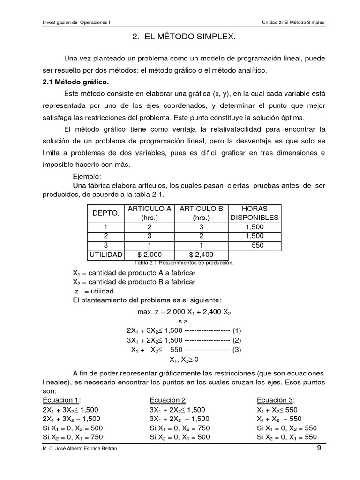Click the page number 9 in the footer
coord(319,448)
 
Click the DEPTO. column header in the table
coord(106,213)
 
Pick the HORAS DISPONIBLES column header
coord(255,213)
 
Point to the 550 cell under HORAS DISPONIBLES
coord(257,245)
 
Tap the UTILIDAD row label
coord(105,255)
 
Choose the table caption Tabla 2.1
coord(183,263)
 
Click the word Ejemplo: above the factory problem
coord(88,176)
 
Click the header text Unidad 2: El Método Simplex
coord(293,22)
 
